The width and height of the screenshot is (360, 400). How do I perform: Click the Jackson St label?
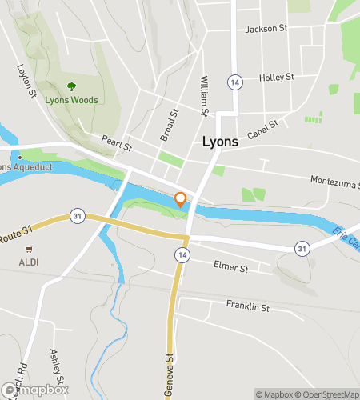[x=266, y=28]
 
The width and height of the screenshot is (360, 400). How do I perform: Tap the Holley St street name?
[x=277, y=78]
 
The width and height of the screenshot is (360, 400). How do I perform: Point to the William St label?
[x=205, y=96]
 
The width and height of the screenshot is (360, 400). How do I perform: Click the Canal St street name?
[x=262, y=127]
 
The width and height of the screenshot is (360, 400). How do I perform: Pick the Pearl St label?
[x=116, y=142]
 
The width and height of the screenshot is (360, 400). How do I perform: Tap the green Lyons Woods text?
[x=72, y=100]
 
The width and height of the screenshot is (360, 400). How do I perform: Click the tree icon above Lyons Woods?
[x=72, y=86]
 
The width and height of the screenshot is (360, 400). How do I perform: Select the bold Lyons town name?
[x=219, y=142]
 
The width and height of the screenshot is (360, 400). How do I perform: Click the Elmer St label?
[x=231, y=265]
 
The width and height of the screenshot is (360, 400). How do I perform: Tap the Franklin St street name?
[x=248, y=306]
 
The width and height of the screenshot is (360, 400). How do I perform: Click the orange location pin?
[x=182, y=200]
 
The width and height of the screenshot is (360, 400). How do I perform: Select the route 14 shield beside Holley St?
[x=234, y=82]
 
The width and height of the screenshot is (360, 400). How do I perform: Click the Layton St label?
[x=27, y=82]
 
